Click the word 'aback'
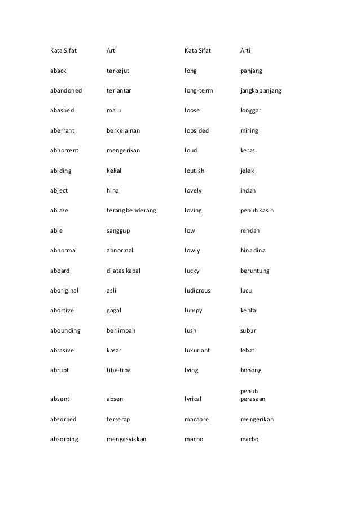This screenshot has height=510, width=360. click(59, 72)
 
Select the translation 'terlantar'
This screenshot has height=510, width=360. click(120, 90)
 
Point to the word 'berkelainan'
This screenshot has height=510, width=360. click(124, 130)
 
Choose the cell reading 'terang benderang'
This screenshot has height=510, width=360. click(131, 211)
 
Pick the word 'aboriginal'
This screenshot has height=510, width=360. click(64, 290)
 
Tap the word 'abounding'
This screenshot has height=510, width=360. click(65, 330)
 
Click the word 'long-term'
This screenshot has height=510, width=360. click(198, 90)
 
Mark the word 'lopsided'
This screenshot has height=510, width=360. click(196, 130)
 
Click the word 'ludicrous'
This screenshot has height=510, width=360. click(197, 290)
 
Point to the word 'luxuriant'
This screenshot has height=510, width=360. click(197, 350)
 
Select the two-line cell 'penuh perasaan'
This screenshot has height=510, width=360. click(252, 394)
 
